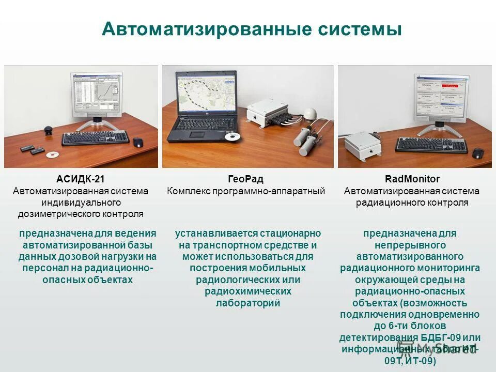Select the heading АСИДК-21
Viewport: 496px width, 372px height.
(80, 179)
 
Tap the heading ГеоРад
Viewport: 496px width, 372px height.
(245, 179)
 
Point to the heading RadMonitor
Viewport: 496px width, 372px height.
(412, 179)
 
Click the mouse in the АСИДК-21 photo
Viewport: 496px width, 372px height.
(138, 143)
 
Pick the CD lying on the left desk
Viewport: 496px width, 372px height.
(52, 154)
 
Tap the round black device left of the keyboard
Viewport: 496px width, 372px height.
(48, 129)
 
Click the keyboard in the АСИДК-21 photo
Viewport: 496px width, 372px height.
(96, 138)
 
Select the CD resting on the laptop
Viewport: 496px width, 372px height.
(233, 137)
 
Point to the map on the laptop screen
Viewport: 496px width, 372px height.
(205, 92)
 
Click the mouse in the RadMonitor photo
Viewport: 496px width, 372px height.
(478, 153)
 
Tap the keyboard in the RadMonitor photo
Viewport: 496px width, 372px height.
(433, 145)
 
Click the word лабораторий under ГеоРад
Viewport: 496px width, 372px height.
(248, 303)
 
